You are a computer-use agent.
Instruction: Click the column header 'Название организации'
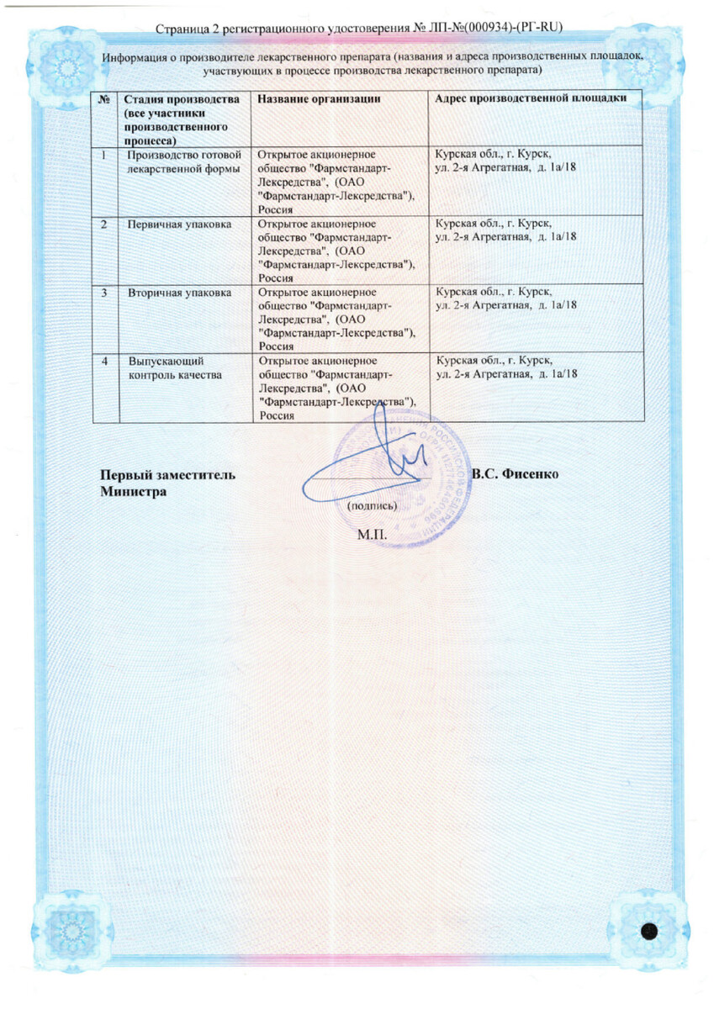313,99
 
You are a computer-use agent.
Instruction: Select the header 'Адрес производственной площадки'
530,99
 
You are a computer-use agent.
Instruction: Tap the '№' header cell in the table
105,99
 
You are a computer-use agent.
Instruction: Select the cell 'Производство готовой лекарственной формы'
183,161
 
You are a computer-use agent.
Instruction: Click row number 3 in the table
104,293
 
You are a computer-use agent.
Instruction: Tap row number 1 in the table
103,156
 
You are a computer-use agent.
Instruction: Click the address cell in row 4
505,367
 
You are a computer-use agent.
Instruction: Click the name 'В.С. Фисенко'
516,473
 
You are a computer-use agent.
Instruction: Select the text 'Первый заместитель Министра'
167,482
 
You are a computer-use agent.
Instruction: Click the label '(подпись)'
366,507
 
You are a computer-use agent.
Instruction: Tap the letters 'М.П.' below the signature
370,535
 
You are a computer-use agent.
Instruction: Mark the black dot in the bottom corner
649,931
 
